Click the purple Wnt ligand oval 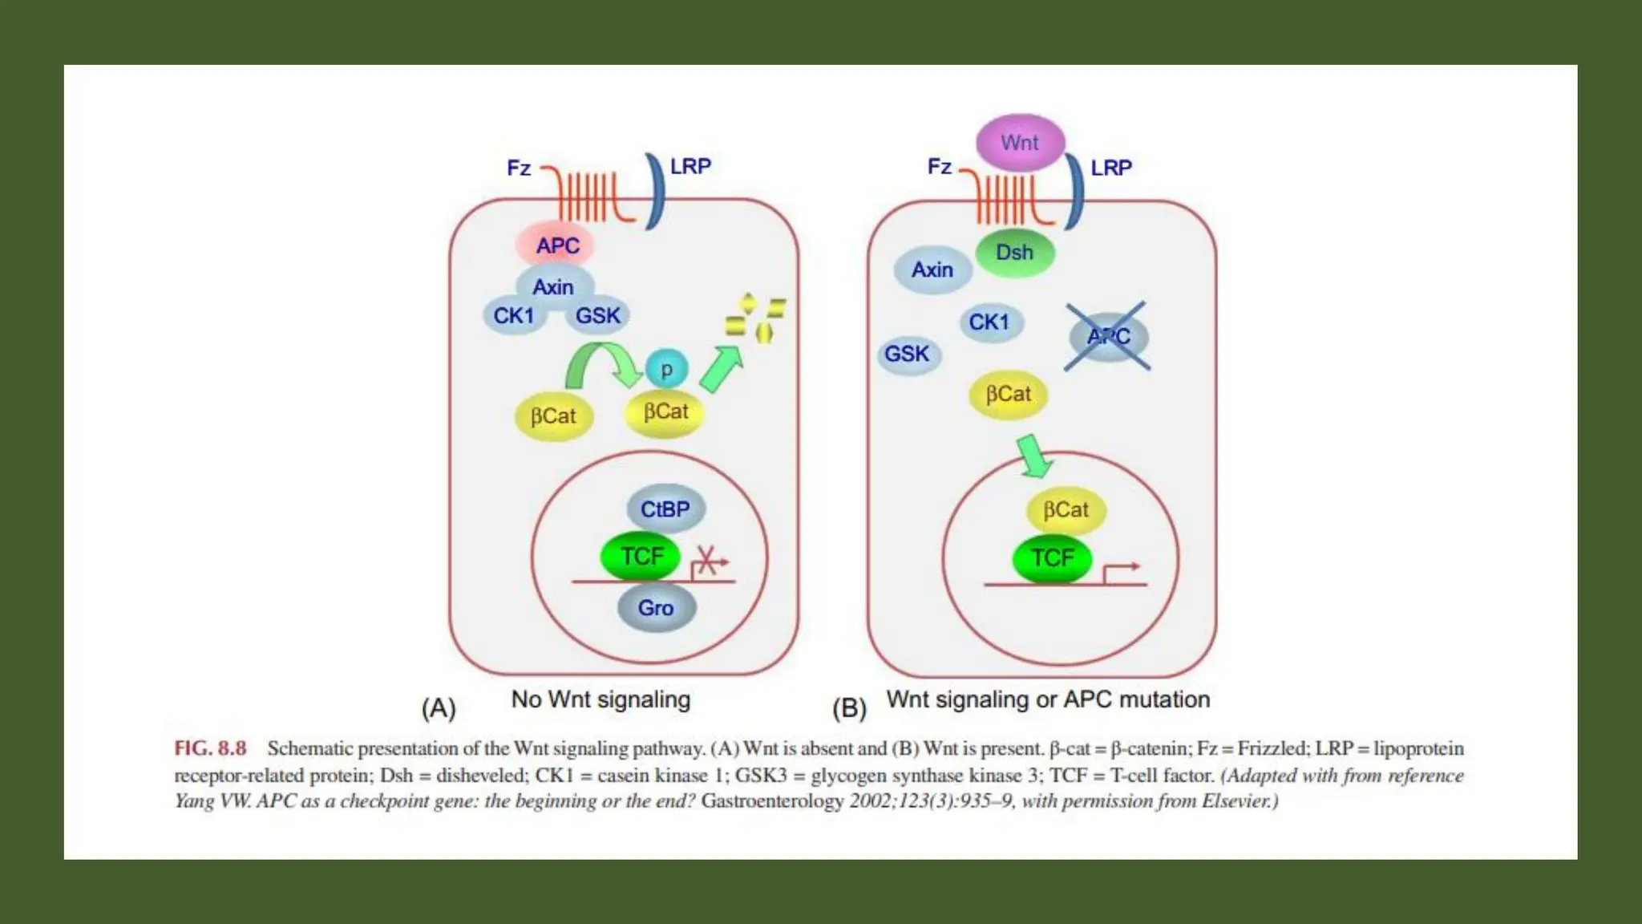coord(1020,143)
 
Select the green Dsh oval coord(1015,253)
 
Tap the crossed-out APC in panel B coord(1109,337)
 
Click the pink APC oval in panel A coord(556,245)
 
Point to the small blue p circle coord(665,370)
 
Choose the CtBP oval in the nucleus coord(665,509)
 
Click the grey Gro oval coord(656,608)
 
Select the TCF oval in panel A coord(641,556)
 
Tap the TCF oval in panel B coord(1052,558)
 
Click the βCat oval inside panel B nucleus coord(1066,510)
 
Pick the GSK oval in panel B coord(907,354)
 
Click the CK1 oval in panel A coord(514,316)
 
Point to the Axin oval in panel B coord(932,270)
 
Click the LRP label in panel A coord(690,167)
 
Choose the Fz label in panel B coord(940,167)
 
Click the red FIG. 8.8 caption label coord(210,748)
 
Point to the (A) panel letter coord(439,708)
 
